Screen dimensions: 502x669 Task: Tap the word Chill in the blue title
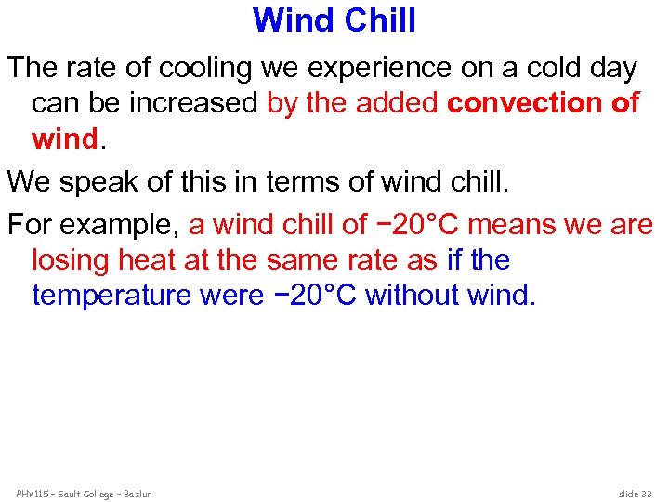[376, 20]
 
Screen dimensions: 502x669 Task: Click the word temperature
[111, 295]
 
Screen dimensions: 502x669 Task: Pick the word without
[413, 295]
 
